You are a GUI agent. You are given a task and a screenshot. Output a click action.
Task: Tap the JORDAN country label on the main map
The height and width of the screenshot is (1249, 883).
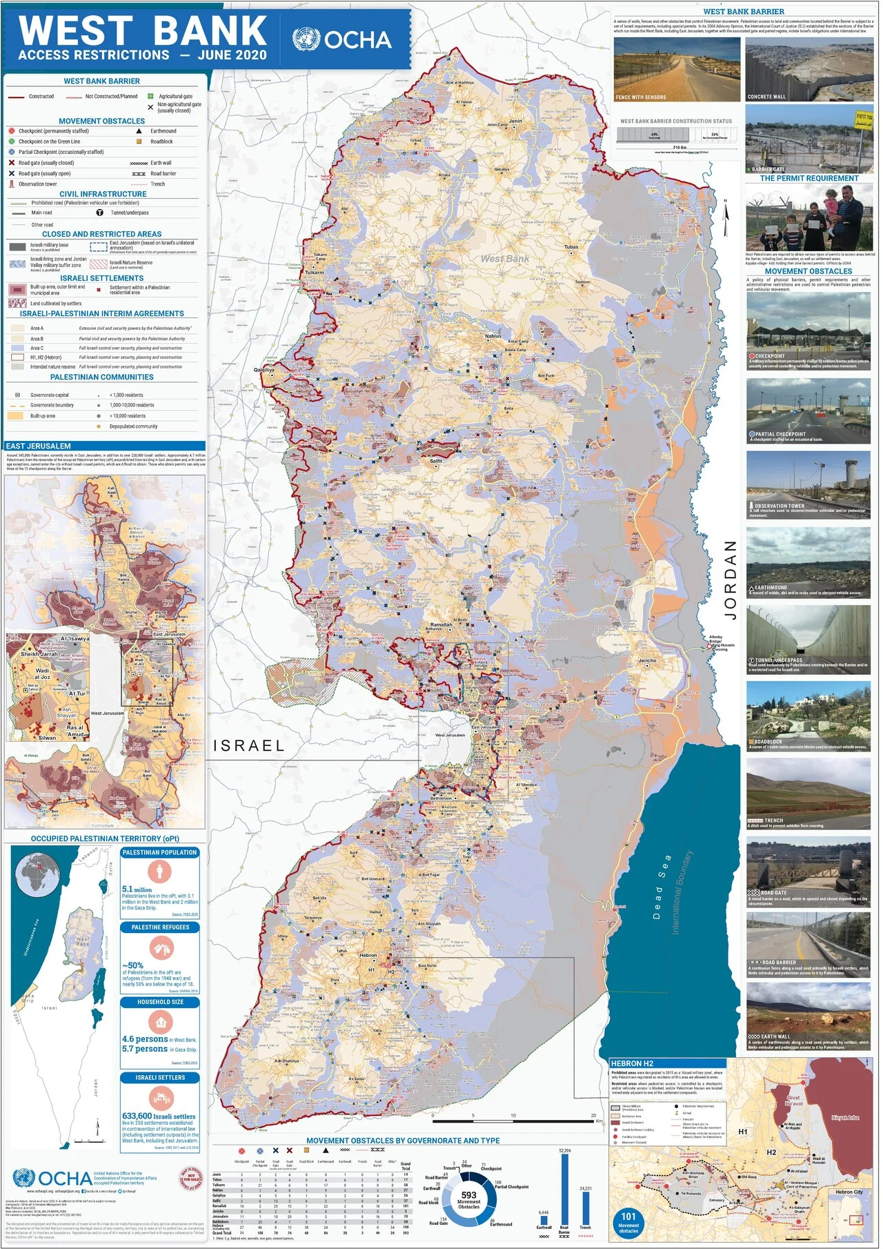coord(730,579)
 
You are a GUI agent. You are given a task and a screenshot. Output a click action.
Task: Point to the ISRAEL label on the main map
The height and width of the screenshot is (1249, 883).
coord(249,745)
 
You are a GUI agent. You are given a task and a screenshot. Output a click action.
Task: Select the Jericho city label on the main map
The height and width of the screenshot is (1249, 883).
coord(647,660)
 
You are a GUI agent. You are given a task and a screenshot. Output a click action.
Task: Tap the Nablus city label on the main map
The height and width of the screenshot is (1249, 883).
coord(493,336)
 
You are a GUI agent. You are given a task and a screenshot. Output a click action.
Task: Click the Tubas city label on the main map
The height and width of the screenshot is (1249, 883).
coord(571,246)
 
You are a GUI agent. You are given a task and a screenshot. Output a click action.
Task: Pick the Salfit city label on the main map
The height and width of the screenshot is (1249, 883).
coord(436,460)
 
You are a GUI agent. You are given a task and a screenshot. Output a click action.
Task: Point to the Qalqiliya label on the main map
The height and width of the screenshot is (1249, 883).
coord(264,370)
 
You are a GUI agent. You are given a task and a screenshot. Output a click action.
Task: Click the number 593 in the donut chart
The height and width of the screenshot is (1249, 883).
coord(469,1195)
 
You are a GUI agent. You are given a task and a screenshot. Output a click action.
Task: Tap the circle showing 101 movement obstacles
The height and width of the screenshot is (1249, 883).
coord(628,1219)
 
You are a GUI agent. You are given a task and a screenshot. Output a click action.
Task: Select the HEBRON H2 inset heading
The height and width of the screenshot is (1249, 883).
coord(632,1063)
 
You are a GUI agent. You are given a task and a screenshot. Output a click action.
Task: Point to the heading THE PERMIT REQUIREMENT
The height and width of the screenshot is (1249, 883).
coord(809,178)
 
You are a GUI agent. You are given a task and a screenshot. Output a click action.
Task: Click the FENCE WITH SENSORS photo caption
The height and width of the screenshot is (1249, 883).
coord(641,97)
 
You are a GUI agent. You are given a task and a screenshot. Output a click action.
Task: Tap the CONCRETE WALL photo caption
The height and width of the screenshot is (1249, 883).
coord(766,97)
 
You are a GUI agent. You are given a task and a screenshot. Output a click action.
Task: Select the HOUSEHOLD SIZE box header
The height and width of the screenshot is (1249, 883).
coord(160,1002)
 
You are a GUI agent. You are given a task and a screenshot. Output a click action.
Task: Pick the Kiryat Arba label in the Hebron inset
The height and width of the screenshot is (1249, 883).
coord(845,1117)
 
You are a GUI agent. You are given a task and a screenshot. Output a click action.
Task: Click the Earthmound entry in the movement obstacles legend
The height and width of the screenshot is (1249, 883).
coord(163,131)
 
